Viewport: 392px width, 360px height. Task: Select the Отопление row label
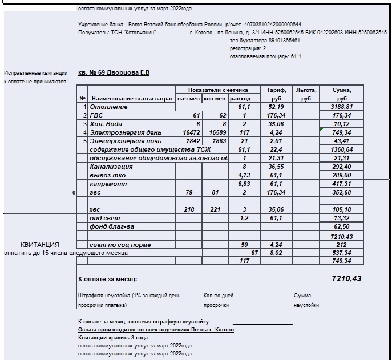click(x=108, y=107)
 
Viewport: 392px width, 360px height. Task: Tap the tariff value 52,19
click(x=276, y=107)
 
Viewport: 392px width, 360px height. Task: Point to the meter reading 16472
click(x=188, y=132)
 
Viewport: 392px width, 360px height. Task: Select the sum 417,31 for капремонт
click(x=342, y=184)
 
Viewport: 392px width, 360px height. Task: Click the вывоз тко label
click(x=106, y=175)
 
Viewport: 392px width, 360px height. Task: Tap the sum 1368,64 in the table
click(x=342, y=149)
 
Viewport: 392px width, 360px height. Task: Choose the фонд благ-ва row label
click(x=112, y=226)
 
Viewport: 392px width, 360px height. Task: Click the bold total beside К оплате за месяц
click(x=346, y=279)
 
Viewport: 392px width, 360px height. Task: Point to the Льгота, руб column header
click(x=306, y=94)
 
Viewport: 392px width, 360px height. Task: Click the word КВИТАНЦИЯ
click(x=40, y=245)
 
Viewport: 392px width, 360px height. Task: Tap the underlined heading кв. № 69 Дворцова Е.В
click(x=114, y=73)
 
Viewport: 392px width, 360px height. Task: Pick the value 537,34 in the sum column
click(x=342, y=252)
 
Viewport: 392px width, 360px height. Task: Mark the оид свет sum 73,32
click(x=342, y=218)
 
